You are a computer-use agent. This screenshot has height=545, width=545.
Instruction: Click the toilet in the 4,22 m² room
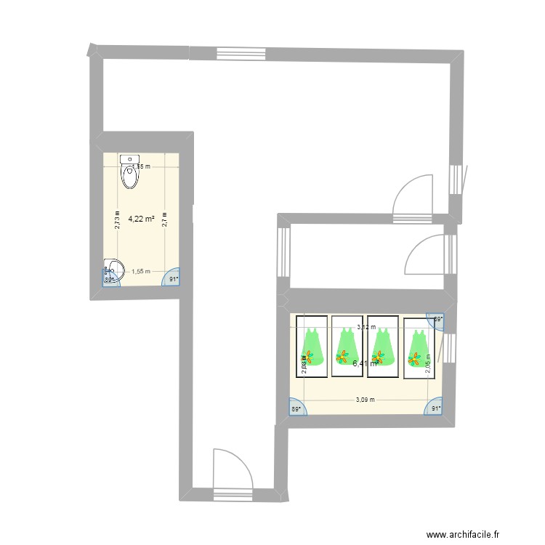click(x=130, y=171)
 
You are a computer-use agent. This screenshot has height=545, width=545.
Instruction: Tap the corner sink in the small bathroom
click(x=112, y=267)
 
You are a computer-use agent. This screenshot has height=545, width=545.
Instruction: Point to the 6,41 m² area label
click(x=365, y=363)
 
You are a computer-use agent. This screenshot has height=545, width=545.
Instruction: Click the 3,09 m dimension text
click(x=366, y=399)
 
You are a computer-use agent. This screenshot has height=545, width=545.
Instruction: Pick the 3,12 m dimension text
click(x=366, y=327)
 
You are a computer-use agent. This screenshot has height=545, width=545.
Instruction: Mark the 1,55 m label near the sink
click(x=140, y=271)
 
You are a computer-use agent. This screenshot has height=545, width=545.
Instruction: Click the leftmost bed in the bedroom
click(x=311, y=346)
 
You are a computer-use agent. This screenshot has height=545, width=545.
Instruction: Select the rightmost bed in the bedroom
click(x=419, y=349)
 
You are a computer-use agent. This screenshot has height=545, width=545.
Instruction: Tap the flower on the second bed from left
click(x=342, y=356)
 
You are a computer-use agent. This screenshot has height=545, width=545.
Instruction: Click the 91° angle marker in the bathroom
click(x=173, y=278)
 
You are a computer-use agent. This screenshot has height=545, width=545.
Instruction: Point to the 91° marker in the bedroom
click(x=435, y=409)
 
